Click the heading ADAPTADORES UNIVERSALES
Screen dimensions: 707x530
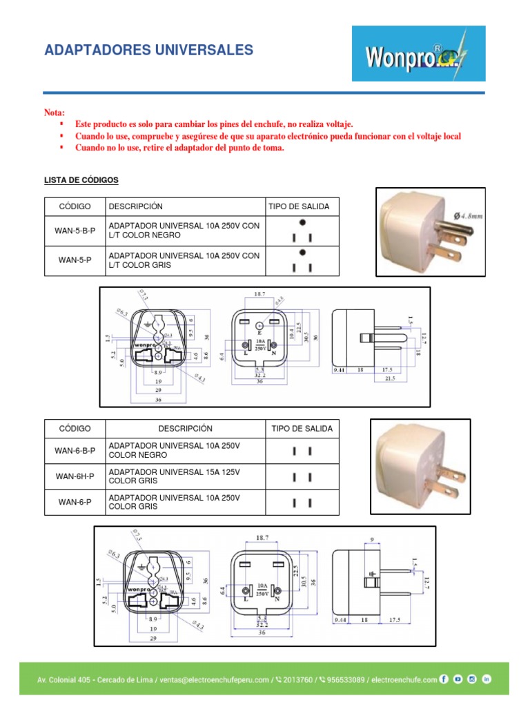tap(148, 50)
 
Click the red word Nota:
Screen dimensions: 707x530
tap(55, 113)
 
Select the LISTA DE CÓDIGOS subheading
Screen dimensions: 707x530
tap(81, 180)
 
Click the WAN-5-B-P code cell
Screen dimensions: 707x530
tap(75, 231)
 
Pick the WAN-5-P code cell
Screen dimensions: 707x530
tap(75, 260)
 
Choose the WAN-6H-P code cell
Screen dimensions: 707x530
tap(75, 476)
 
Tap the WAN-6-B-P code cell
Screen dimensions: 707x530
tap(75, 451)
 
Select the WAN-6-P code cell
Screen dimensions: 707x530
tap(75, 502)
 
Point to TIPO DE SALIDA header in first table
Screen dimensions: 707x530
tap(299, 206)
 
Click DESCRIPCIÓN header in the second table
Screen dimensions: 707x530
tap(185, 428)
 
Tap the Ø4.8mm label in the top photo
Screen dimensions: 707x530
tap(467, 215)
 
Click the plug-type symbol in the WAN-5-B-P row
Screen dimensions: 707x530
tap(302, 231)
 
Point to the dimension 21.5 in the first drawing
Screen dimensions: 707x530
tap(391, 379)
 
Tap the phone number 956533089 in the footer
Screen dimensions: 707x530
tap(337, 680)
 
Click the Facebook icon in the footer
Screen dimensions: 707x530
tap(444, 679)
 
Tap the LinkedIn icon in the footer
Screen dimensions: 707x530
tap(487, 679)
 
